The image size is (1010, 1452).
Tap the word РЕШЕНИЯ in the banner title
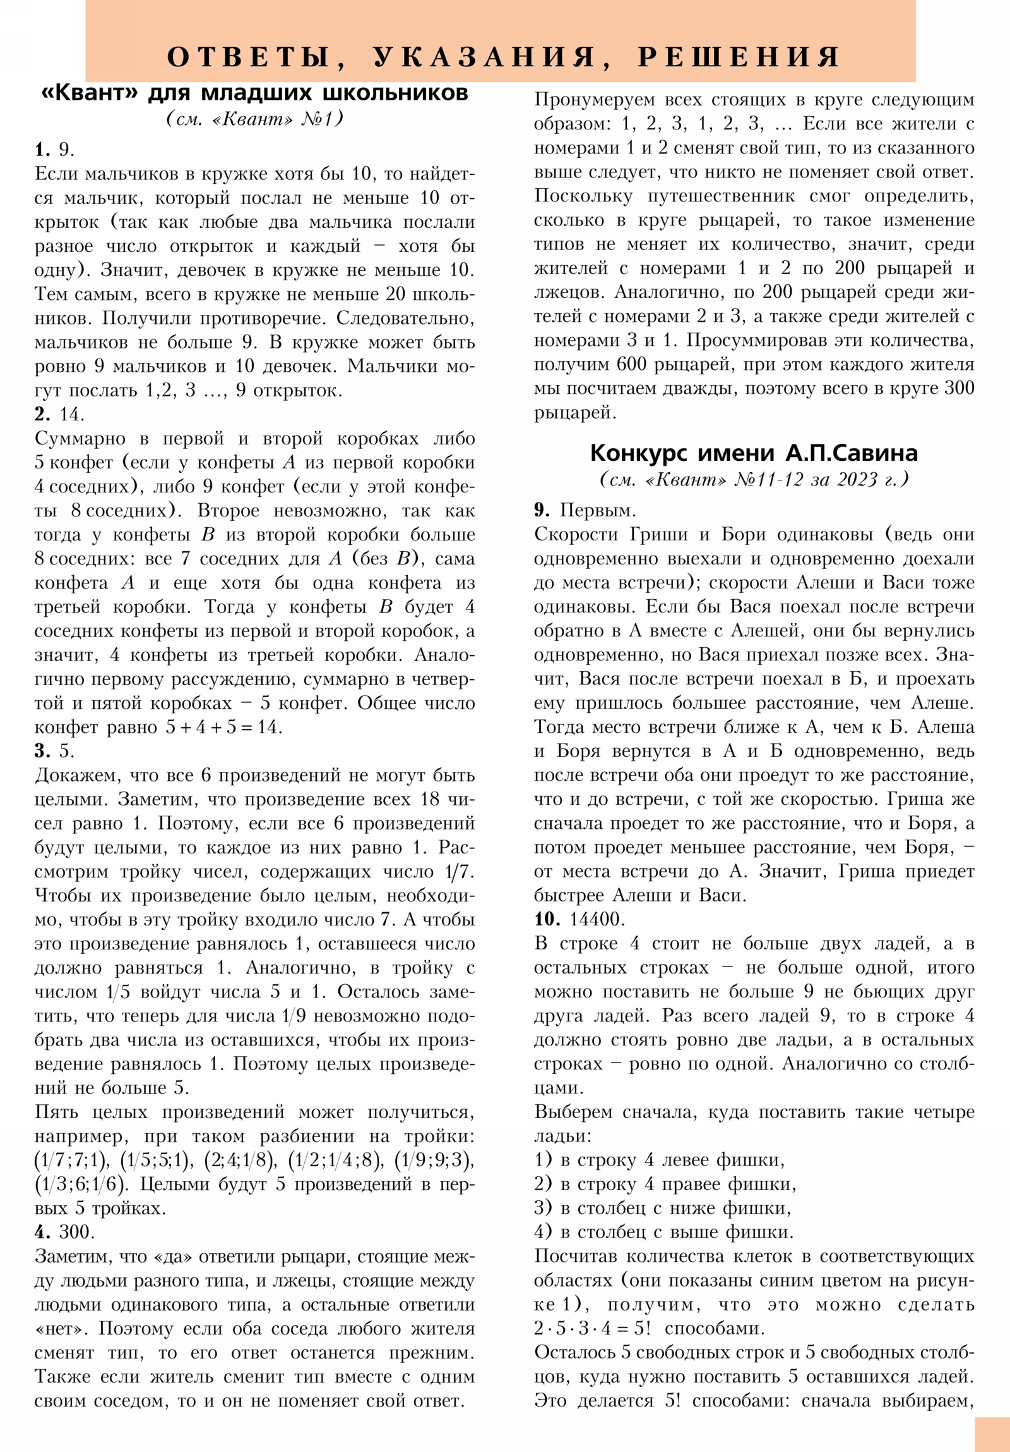(x=738, y=57)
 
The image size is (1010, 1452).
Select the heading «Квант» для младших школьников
(x=254, y=93)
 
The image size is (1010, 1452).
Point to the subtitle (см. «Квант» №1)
(x=255, y=118)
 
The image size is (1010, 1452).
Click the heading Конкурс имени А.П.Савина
(x=753, y=453)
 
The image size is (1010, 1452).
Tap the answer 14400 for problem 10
(x=597, y=919)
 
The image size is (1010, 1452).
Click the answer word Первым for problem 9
(x=598, y=510)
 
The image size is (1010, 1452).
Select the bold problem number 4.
(x=42, y=1232)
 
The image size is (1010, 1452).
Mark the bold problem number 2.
(x=42, y=414)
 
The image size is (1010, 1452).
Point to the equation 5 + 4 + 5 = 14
(x=224, y=727)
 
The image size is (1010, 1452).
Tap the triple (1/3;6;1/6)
(x=81, y=1184)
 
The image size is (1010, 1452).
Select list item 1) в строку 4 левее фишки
(x=659, y=1160)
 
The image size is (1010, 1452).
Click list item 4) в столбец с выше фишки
(x=663, y=1232)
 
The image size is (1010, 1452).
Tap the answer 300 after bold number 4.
(x=76, y=1232)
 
